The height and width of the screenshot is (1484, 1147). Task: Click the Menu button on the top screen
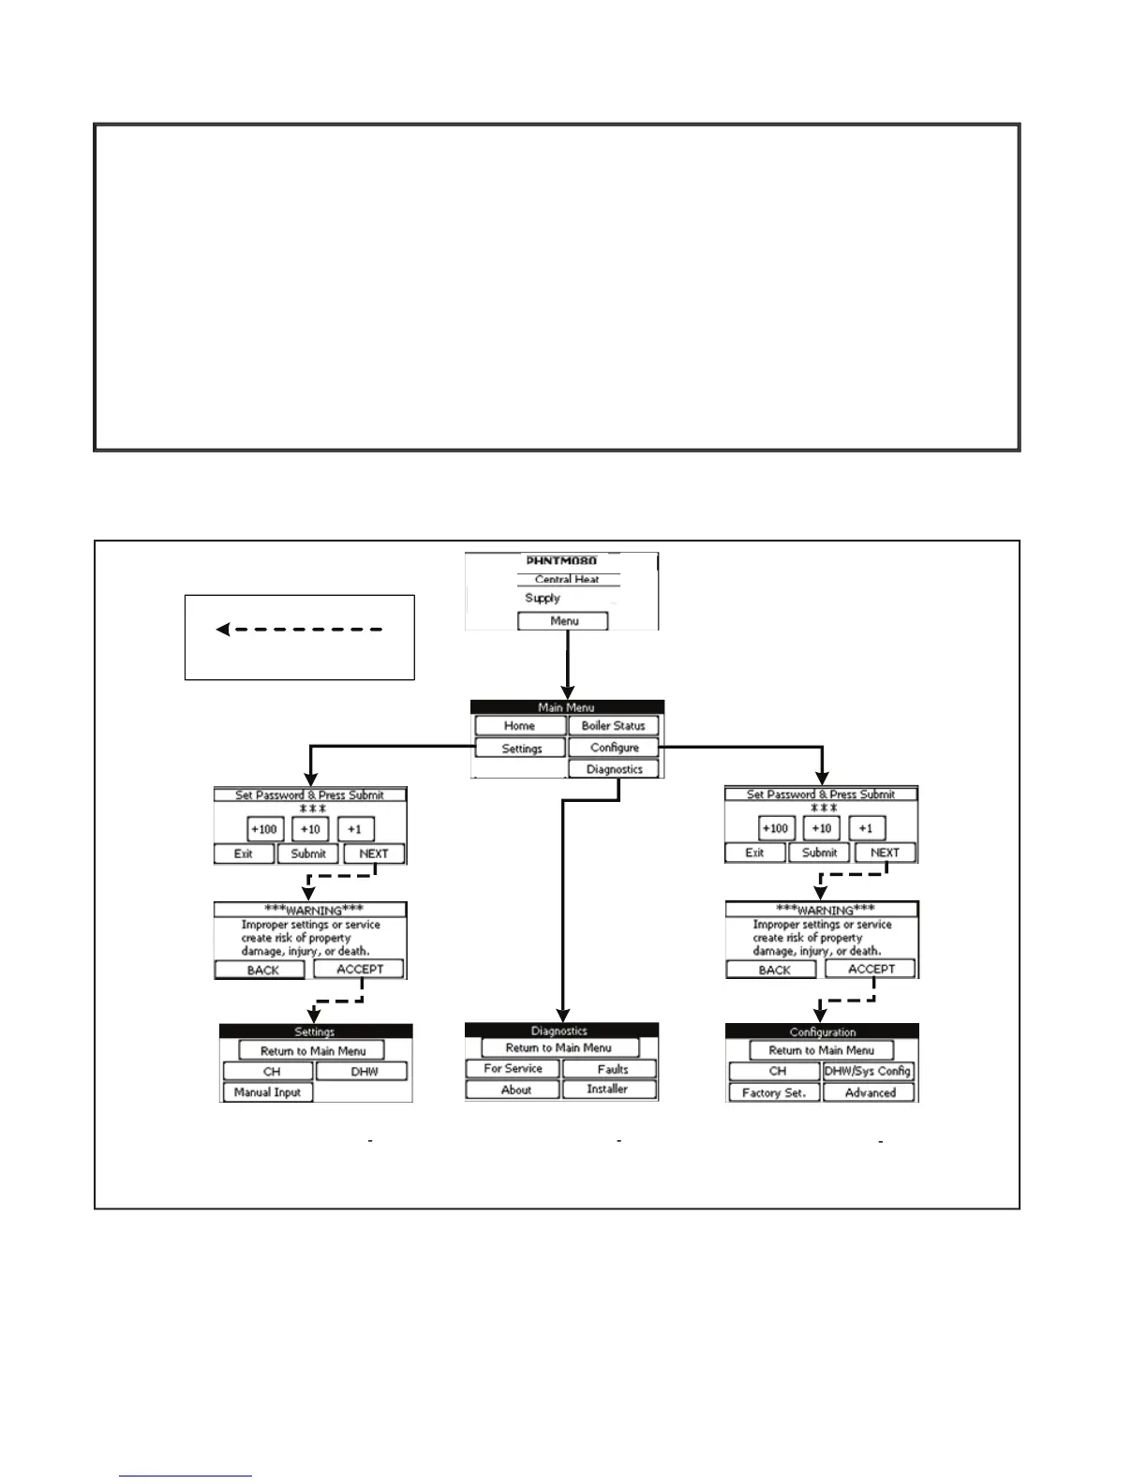(563, 621)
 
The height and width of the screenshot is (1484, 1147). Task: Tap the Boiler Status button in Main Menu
(613, 726)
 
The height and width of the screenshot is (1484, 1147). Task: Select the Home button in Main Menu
(519, 726)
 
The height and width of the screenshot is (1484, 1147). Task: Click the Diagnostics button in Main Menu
(614, 769)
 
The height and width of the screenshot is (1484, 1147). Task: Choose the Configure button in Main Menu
(614, 748)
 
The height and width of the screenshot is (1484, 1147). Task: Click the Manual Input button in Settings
(267, 1092)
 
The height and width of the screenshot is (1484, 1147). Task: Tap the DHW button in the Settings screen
(363, 1072)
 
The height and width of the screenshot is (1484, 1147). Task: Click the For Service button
(513, 1069)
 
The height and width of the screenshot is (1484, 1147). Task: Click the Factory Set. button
(773, 1093)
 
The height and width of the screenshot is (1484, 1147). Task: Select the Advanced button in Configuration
(870, 1093)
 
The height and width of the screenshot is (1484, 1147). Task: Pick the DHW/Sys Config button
(868, 1072)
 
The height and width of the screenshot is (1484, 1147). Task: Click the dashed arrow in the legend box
(299, 630)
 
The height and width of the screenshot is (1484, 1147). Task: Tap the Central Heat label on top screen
(567, 580)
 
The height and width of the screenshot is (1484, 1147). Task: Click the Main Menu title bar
(567, 707)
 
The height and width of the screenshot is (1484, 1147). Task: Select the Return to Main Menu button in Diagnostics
(559, 1048)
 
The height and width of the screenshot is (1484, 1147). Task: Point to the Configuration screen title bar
(822, 1031)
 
